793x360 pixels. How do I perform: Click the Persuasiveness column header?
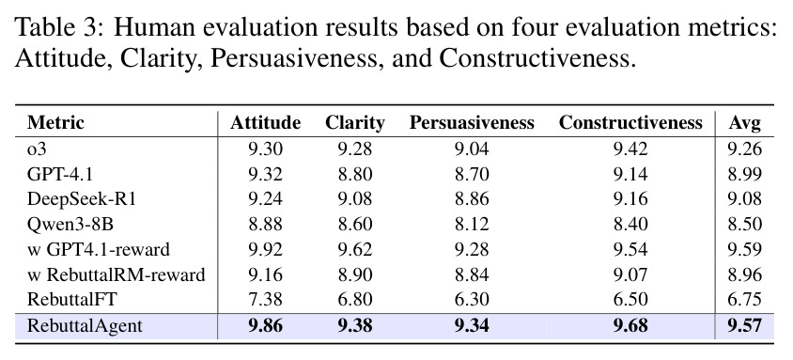[x=472, y=123]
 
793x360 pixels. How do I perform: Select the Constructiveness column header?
[x=630, y=123]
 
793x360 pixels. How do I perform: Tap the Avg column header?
[x=744, y=123]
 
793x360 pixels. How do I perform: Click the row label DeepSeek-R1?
[x=82, y=198]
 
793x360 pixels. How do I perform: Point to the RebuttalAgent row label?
[x=85, y=325]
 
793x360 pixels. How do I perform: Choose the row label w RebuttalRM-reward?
[x=117, y=274]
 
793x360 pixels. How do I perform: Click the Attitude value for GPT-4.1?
[x=266, y=174]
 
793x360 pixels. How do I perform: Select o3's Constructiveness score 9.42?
[x=630, y=149]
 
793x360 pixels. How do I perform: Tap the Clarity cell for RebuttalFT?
[x=354, y=300]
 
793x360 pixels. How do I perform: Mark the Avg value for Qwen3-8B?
[x=744, y=224]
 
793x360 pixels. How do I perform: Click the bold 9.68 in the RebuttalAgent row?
[x=630, y=325]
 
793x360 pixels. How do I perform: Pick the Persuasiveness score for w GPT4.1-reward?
[x=472, y=249]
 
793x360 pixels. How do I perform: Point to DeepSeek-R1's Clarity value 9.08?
[x=354, y=198]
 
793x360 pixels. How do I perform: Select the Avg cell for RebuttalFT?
[x=744, y=300]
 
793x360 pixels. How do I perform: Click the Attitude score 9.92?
[x=266, y=249]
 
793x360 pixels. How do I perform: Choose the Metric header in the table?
[x=55, y=123]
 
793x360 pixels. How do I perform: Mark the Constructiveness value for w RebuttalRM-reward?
[x=630, y=274]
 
